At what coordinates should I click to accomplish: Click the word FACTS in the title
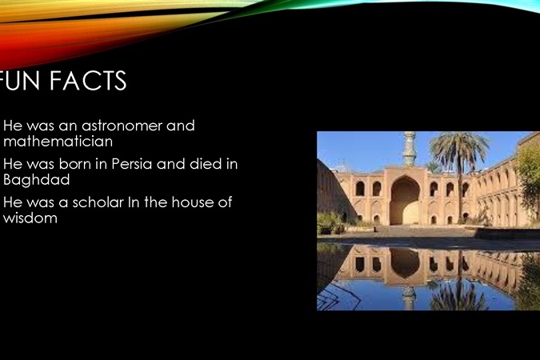pos(88,81)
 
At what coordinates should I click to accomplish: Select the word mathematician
pos(58,142)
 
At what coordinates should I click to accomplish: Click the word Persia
pos(131,164)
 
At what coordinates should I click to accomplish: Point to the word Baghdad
pos(37,180)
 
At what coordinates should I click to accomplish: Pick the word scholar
pos(98,202)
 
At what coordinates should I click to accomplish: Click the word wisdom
pos(30,218)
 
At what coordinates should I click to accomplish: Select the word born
pos(74,164)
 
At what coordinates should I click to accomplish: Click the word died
pos(206,164)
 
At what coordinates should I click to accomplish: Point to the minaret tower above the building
pos(409,149)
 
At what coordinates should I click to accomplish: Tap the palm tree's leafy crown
pos(459,146)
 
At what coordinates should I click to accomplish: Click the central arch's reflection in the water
pos(405,262)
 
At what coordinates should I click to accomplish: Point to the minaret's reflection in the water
pos(409,297)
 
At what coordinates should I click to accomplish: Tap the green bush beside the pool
pos(330,222)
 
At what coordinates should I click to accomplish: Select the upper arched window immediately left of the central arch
pos(377,189)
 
